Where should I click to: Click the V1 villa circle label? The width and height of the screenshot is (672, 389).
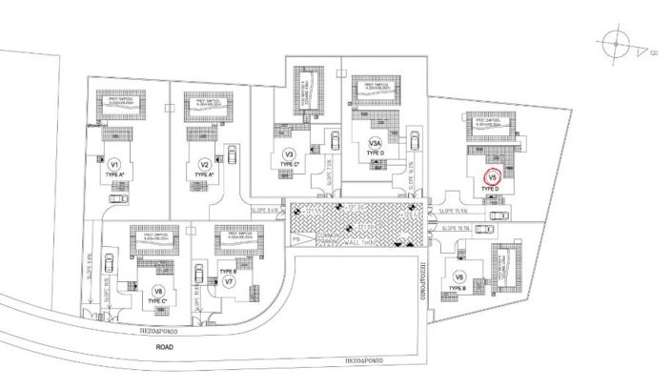(114, 163)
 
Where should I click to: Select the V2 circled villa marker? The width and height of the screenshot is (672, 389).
(203, 163)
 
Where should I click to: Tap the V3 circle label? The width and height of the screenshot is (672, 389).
(289, 154)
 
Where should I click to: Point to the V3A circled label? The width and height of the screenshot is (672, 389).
(376, 144)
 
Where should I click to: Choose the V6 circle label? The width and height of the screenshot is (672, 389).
(458, 276)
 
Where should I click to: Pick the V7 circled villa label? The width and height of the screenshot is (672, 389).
(229, 282)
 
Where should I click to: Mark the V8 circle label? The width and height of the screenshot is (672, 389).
(158, 291)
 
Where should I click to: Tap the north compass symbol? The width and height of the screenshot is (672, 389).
(617, 43)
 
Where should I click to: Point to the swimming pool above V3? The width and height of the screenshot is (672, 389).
(308, 88)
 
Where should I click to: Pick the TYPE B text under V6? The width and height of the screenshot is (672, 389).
(459, 291)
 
